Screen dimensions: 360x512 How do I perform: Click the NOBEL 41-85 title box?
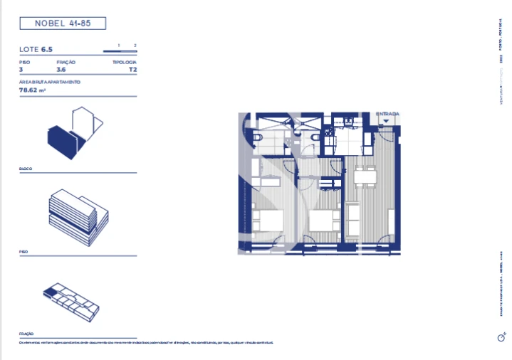click(x=62, y=23)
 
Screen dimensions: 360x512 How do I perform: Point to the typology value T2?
click(x=132, y=70)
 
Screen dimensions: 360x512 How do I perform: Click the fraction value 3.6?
click(x=61, y=70)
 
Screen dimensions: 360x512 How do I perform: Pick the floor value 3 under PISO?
click(x=21, y=70)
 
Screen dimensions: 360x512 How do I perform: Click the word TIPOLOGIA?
click(x=125, y=63)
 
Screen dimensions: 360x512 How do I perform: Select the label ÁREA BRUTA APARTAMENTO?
click(x=50, y=83)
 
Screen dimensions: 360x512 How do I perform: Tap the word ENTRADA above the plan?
click(x=387, y=114)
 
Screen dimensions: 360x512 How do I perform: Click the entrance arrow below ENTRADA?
click(x=385, y=121)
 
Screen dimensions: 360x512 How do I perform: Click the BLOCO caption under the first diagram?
click(x=26, y=169)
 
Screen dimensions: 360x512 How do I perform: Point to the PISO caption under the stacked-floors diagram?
click(x=24, y=253)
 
